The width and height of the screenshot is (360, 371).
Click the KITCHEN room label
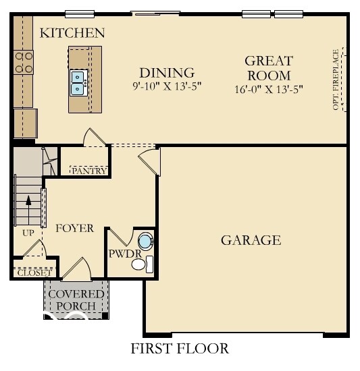tap(72, 32)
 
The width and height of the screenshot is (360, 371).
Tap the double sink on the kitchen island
tap(78, 82)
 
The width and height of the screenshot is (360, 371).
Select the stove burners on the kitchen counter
tap(24, 62)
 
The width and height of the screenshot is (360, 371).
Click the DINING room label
tap(167, 72)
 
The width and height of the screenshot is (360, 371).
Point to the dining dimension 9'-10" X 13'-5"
tap(167, 86)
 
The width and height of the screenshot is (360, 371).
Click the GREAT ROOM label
tap(268, 68)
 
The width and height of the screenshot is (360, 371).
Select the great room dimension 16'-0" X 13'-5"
tap(268, 88)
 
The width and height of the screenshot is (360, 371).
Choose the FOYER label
tap(74, 228)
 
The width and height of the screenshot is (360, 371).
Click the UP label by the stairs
tap(28, 232)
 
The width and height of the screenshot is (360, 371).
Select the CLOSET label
tap(33, 273)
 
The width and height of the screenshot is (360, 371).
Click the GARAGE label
tap(251, 240)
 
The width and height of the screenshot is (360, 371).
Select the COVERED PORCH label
tap(76, 300)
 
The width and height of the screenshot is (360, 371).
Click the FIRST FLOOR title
tap(180, 349)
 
